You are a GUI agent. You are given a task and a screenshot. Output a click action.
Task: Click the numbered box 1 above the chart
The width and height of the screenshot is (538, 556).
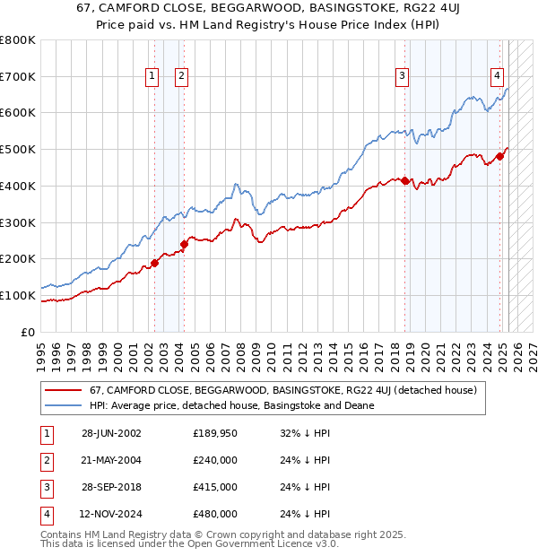pos(152,77)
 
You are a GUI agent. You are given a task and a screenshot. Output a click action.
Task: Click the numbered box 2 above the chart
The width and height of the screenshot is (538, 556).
pos(181,77)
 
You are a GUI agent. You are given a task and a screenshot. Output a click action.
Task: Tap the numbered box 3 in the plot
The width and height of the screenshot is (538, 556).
pos(403,77)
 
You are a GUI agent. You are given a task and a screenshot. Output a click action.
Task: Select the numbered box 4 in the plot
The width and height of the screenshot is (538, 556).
pos(496,77)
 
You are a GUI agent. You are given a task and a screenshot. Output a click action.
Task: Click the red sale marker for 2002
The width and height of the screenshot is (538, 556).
pos(154,263)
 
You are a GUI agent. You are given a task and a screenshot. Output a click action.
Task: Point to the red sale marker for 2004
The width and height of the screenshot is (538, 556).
pos(184,244)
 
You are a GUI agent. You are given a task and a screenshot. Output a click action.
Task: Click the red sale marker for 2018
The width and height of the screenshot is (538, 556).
pos(404,180)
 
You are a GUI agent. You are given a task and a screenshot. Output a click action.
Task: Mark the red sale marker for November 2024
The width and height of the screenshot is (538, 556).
pos(500,156)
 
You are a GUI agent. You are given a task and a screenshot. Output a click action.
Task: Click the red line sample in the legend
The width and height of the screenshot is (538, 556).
pos(63,390)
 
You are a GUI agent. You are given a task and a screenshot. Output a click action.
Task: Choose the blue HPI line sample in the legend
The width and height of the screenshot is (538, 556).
pos(63,405)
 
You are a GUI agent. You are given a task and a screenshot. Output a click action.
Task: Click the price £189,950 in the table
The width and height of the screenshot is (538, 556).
pos(215,433)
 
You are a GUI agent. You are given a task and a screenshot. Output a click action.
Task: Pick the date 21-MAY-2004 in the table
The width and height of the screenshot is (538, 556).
pos(111,460)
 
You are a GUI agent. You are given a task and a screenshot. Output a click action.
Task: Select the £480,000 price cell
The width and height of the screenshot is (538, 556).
pos(215,514)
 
